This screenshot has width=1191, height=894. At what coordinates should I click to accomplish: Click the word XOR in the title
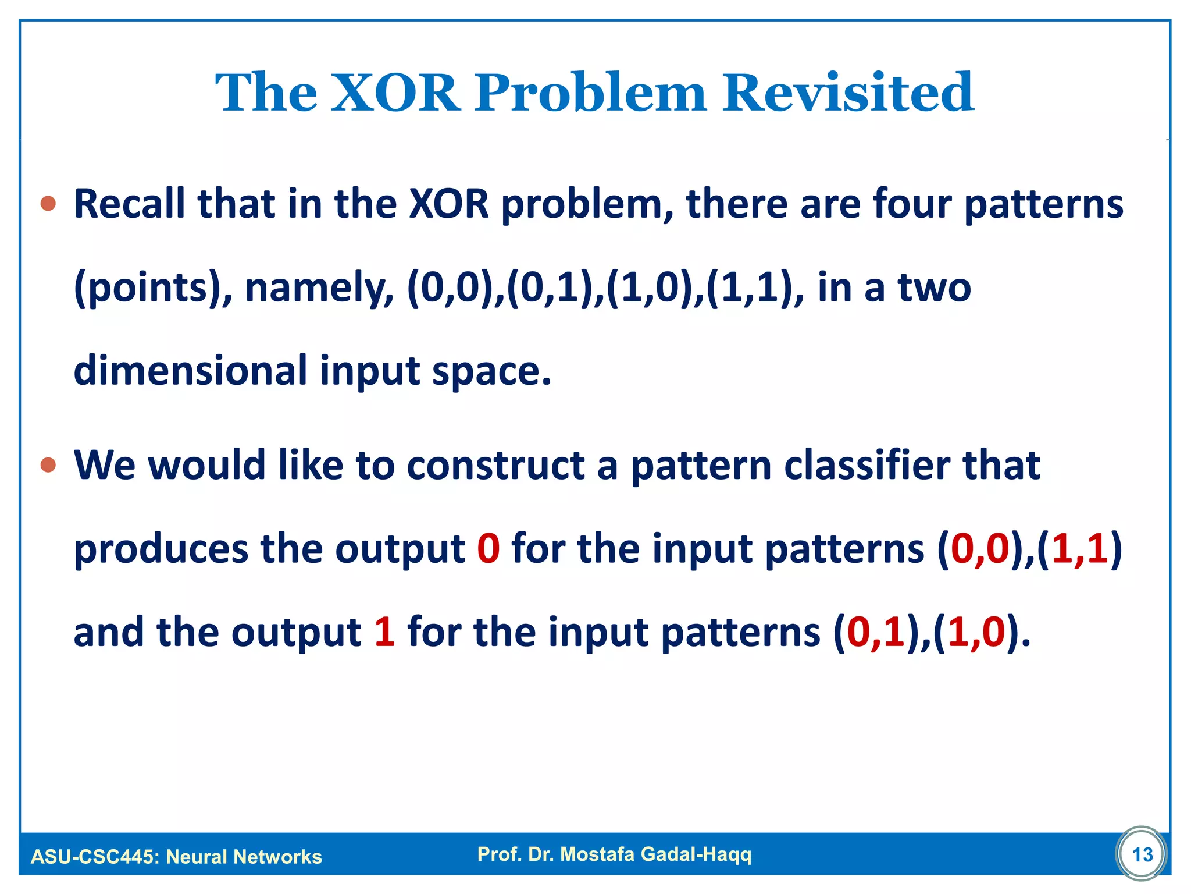395,93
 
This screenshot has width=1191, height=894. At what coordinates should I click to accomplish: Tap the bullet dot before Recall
48,204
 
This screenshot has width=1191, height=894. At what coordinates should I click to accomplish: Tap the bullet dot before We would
48,465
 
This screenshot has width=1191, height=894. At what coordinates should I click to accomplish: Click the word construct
495,466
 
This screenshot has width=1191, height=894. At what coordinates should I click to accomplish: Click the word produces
161,550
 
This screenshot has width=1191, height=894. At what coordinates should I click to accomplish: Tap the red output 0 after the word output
488,549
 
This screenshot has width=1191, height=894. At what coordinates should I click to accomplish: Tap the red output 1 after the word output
384,632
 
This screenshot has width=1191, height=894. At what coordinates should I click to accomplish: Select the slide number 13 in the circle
1142,854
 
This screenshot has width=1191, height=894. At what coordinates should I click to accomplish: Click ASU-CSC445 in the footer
93,857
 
